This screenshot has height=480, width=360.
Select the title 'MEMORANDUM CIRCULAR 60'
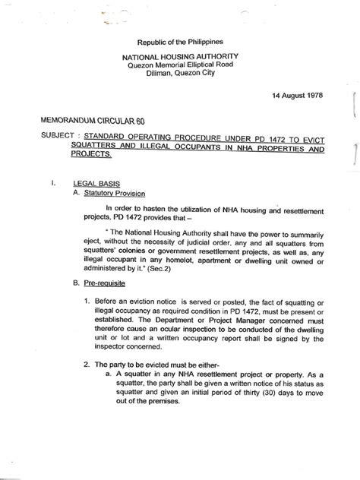pos(82,121)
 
